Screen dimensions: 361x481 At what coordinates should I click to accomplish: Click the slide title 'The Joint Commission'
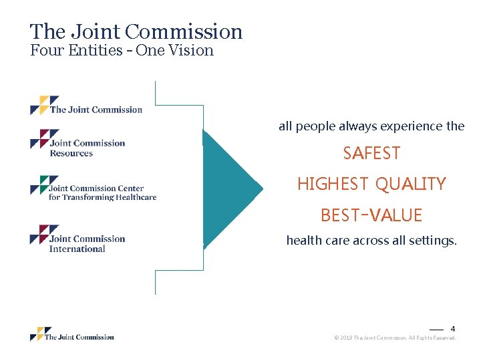(136, 31)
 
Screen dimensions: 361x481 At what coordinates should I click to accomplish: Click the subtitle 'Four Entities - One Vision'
(122, 51)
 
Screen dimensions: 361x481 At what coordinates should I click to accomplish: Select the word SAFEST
(371, 154)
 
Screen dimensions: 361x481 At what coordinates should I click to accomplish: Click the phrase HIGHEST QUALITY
(371, 184)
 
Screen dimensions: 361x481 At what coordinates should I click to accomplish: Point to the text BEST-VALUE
(371, 215)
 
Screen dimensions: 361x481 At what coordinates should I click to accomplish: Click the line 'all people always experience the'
(371, 126)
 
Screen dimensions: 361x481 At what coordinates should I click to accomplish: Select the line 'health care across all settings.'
(371, 241)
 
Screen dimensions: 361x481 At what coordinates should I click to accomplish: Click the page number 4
(452, 329)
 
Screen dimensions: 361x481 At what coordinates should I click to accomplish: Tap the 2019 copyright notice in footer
(394, 338)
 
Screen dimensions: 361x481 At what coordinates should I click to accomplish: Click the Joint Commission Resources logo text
(87, 148)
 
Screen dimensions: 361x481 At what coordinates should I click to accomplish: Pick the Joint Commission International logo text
(87, 244)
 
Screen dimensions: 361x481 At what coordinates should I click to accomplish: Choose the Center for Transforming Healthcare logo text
(102, 193)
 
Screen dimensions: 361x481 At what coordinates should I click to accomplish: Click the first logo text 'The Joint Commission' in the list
(96, 110)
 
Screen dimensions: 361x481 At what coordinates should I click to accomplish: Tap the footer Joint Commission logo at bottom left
(72, 336)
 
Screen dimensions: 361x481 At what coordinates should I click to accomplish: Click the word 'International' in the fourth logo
(77, 249)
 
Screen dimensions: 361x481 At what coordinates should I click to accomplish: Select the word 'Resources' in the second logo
(71, 154)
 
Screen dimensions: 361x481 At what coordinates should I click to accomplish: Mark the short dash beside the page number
(436, 330)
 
